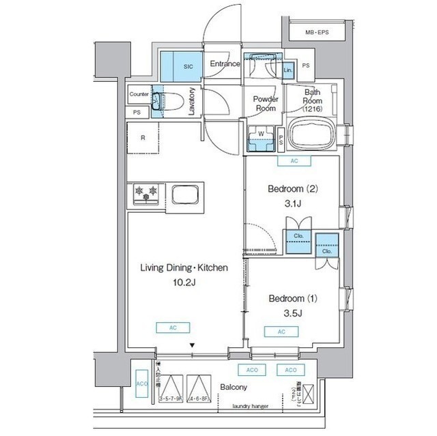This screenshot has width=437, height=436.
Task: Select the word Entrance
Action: [225, 64]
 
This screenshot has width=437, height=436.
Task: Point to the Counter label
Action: [139, 94]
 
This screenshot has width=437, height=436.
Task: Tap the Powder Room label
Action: [264, 103]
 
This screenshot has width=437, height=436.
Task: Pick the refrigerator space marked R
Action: [143, 137]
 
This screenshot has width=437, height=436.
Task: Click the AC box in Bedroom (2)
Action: [294, 161]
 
